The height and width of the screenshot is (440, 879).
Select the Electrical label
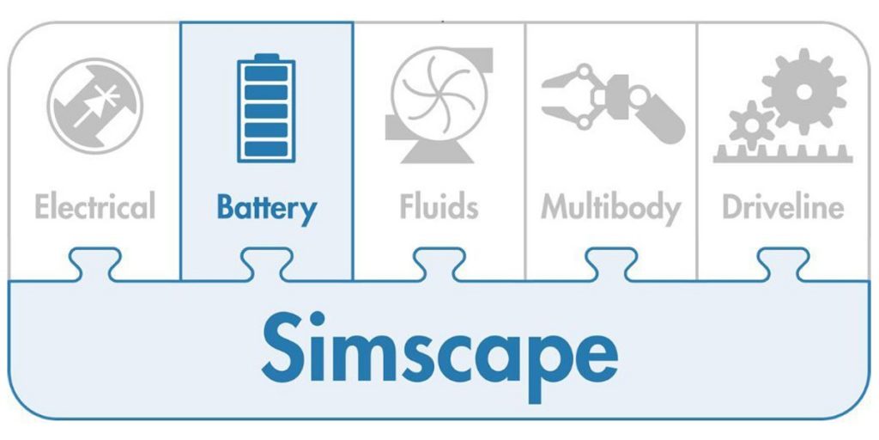click(94, 207)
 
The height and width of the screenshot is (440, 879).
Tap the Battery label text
click(266, 207)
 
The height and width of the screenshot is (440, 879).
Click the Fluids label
click(439, 207)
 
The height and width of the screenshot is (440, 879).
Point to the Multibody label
click(610, 207)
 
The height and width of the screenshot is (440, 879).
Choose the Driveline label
click(783, 207)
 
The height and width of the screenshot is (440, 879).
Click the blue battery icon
click(266, 109)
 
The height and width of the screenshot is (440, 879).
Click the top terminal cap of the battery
click(266, 58)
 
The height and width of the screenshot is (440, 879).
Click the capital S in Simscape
click(288, 348)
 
